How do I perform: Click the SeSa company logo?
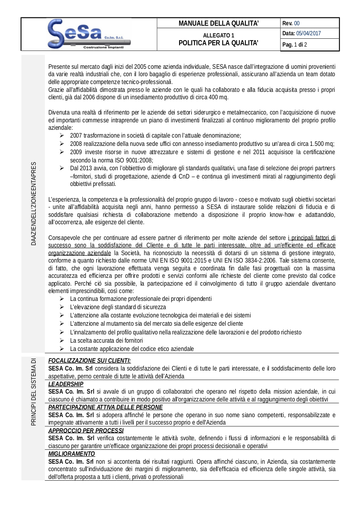coord(89,34)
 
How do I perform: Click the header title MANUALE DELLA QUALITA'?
coord(218,23)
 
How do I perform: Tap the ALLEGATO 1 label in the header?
coord(218,35)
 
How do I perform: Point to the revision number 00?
coord(297,23)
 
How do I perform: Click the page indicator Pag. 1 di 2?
coord(295,44)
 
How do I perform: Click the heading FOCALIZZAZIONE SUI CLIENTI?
coord(89,361)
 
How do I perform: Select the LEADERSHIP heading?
coord(65,384)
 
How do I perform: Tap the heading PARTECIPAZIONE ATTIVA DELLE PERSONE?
coord(105,407)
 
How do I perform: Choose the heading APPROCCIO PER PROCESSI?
coord(83,431)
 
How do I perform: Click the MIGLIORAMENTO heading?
coord(71,454)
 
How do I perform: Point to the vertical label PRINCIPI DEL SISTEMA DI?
coord(33,392)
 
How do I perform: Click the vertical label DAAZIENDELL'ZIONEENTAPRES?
coord(34,203)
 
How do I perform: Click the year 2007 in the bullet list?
coord(76,135)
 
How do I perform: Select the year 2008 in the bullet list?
coord(76,144)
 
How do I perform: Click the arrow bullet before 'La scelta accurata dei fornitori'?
coord(62,340)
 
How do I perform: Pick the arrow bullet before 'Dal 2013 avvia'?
coord(62,168)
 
